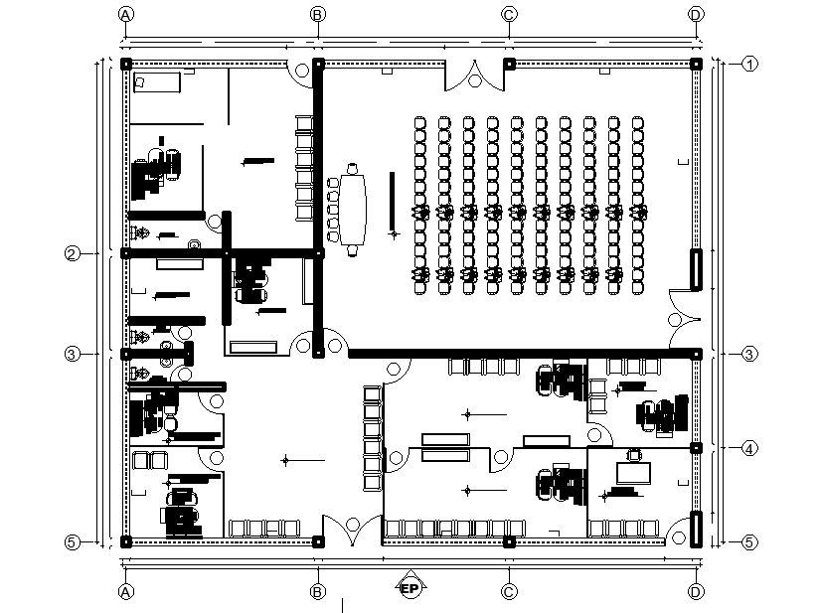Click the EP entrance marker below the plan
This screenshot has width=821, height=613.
[x=409, y=588]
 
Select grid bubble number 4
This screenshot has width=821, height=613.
[x=749, y=449]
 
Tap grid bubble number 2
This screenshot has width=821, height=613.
[x=72, y=253]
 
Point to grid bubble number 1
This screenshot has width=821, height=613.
[x=749, y=64]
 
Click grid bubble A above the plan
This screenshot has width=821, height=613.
[x=125, y=14]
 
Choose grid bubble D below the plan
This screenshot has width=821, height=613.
[x=696, y=591]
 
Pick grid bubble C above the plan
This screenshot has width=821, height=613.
[x=509, y=14]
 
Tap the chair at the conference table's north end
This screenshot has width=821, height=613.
[x=352, y=166]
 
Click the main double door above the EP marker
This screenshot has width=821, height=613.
[x=350, y=529]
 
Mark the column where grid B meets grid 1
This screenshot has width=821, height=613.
[x=318, y=64]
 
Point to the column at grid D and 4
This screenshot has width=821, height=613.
[x=697, y=449]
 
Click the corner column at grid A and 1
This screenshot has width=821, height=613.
[x=126, y=64]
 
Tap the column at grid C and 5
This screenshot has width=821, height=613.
[x=509, y=541]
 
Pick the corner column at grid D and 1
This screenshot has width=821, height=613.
[x=697, y=64]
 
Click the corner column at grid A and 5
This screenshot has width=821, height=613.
[x=126, y=541]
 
